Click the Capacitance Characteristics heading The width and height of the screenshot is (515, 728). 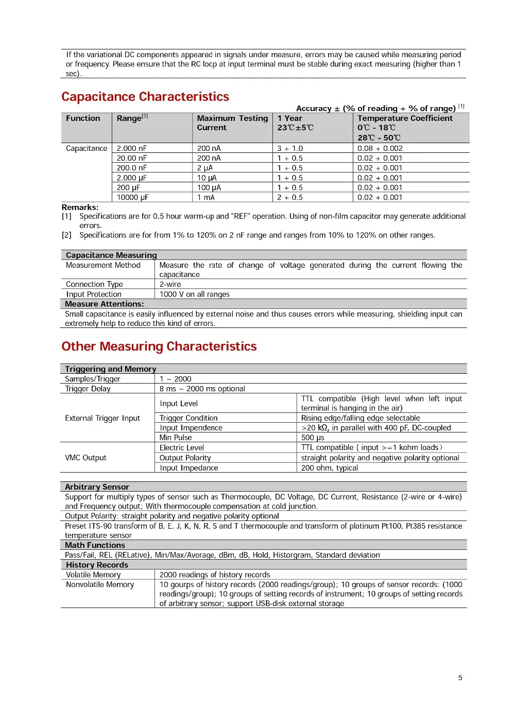(145, 97)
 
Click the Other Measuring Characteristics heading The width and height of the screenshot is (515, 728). (159, 346)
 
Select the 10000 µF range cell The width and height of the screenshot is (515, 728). (132, 197)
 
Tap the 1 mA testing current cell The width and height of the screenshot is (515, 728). (206, 197)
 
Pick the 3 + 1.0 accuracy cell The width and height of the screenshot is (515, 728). (290, 148)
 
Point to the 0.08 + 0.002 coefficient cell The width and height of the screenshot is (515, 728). (380, 148)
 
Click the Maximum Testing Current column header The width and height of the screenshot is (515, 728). (232, 123)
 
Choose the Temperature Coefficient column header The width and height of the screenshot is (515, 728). (405, 118)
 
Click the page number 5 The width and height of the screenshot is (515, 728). (460, 678)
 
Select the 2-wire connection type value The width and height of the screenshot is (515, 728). (170, 284)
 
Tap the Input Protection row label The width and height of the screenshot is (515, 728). (94, 294)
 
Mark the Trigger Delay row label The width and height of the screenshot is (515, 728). (88, 389)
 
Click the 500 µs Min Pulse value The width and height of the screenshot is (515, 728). (313, 438)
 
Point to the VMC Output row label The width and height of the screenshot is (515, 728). (85, 458)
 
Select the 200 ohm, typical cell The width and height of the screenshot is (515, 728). (330, 468)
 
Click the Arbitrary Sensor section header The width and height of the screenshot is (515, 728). (97, 487)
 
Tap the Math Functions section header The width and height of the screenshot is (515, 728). (95, 545)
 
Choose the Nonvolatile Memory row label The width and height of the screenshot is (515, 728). (100, 584)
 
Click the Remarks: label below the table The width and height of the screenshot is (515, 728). (80, 207)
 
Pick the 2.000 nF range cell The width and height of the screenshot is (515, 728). (132, 148)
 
